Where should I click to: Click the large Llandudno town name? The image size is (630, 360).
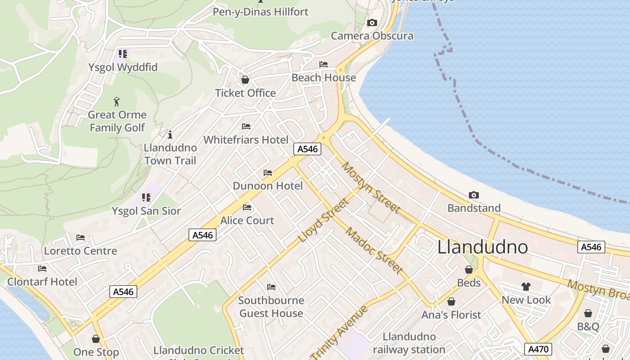pos(483,247)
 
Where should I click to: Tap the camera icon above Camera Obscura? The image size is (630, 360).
pos(372,22)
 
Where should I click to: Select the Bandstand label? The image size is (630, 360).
pos(474,208)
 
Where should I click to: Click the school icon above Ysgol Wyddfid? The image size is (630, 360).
pos(122,54)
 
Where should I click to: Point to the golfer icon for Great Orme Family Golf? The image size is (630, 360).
pos(117,101)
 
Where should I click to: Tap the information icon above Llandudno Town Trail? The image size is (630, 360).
pos(170,135)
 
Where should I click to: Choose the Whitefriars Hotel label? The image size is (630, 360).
pos(246,139)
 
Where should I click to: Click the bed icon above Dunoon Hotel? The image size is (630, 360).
pos(268,173)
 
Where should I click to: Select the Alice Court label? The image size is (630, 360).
pos(247,220)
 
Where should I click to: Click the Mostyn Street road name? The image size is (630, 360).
pos(371,187)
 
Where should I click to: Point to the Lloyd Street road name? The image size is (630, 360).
pos(324,220)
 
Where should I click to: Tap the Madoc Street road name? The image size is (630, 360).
pos(373,250)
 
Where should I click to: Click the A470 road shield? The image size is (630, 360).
pos(538,349)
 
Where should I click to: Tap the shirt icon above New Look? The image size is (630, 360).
pos(526,287)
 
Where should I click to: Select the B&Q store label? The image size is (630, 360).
pos(588,326)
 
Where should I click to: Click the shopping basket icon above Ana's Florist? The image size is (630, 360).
pos(451,301)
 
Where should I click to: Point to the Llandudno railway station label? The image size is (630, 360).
pos(409,343)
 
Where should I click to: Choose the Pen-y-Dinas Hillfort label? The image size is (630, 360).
pos(261,12)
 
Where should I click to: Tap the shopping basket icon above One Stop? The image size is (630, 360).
pos(96,339)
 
